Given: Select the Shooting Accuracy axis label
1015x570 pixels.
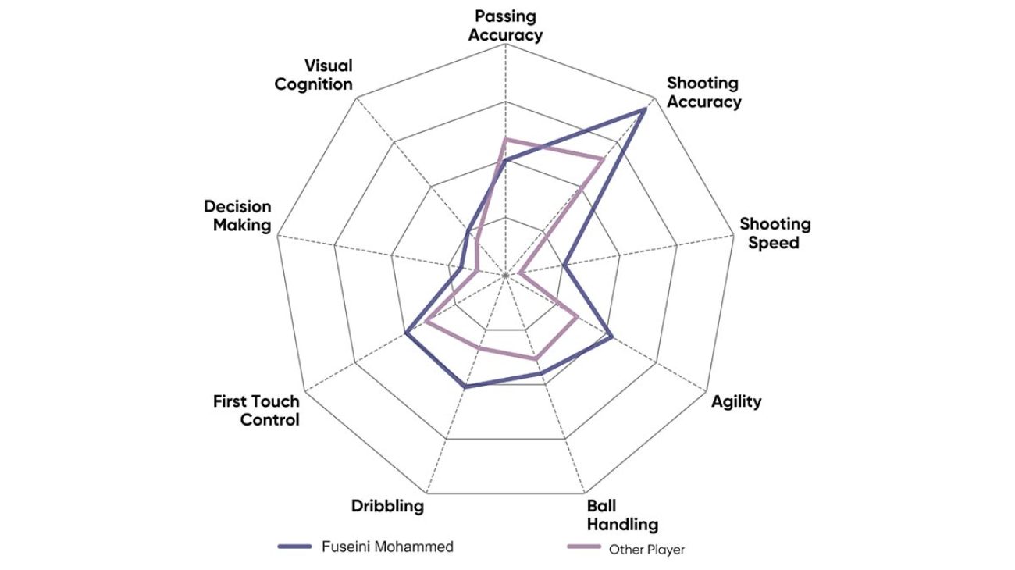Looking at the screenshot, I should pyautogui.click(x=703, y=92).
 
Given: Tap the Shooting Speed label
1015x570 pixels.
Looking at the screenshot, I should pyautogui.click(x=775, y=233).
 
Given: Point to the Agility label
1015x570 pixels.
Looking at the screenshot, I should pyautogui.click(x=736, y=401).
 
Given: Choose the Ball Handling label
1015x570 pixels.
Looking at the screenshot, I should pyautogui.click(x=622, y=515).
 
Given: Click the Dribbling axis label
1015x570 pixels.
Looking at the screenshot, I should pyautogui.click(x=387, y=505).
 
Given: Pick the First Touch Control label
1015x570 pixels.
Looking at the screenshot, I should pyautogui.click(x=257, y=411).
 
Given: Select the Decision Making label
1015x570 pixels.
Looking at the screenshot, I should pyautogui.click(x=237, y=216).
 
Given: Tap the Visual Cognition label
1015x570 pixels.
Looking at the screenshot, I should pyautogui.click(x=314, y=75).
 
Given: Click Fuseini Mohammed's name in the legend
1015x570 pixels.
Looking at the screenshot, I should pyautogui.click(x=387, y=547).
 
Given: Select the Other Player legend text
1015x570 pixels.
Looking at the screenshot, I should pyautogui.click(x=646, y=550).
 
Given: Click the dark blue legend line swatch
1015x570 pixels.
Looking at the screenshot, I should pyautogui.click(x=295, y=547).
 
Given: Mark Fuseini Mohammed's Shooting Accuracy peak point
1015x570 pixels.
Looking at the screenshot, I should pyautogui.click(x=644, y=110).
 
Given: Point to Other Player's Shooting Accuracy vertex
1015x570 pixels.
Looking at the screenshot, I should pyautogui.click(x=602, y=159).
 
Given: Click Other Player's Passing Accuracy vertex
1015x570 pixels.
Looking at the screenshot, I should pyautogui.click(x=505, y=139).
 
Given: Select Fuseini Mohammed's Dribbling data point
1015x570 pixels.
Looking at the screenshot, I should pyautogui.click(x=465, y=387).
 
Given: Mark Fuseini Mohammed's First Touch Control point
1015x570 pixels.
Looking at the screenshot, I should pyautogui.click(x=406, y=333).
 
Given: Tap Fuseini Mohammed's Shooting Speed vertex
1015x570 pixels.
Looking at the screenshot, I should pyautogui.click(x=564, y=266).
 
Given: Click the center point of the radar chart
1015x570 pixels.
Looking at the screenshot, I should pyautogui.click(x=506, y=275).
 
